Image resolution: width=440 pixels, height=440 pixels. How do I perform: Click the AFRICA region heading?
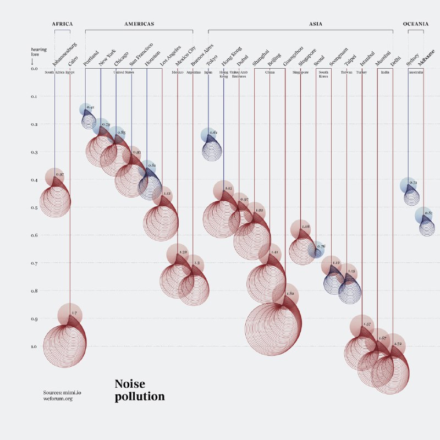tap(62, 24)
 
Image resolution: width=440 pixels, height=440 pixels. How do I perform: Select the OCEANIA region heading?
tap(416, 24)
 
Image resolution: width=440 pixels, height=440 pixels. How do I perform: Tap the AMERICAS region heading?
tap(139, 24)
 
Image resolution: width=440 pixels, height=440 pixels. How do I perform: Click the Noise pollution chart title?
tap(140, 390)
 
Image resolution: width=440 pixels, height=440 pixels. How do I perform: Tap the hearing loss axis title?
tap(38, 52)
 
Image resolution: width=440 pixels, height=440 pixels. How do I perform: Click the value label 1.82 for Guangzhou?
tap(291, 294)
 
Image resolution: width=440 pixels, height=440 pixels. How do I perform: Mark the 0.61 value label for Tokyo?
tap(213, 133)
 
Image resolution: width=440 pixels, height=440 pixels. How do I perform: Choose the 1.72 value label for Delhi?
tap(398, 344)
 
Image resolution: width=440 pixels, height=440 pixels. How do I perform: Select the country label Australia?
tap(415, 72)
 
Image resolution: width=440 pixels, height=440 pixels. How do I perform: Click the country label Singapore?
tap(300, 72)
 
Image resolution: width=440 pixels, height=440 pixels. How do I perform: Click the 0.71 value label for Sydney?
tap(414, 183)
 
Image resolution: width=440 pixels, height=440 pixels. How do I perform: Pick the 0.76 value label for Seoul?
tap(321, 246)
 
